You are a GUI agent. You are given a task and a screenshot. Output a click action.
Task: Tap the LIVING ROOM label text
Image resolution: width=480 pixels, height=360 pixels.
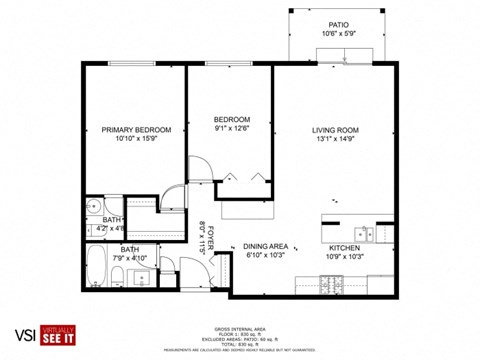click(335, 130)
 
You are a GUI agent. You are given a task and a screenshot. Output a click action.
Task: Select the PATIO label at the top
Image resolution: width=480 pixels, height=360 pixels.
click(339, 25)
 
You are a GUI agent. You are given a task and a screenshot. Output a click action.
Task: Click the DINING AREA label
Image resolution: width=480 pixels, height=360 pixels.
click(265, 247)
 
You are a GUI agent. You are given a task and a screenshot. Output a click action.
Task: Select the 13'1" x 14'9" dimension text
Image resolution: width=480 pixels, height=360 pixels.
click(335, 140)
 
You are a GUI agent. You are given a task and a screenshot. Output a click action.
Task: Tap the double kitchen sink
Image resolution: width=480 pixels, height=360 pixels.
click(368, 234)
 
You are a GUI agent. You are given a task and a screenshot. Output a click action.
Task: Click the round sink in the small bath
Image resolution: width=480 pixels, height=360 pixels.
click(91, 209)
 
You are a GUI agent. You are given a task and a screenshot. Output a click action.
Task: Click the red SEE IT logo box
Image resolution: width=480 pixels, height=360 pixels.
click(59, 337)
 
